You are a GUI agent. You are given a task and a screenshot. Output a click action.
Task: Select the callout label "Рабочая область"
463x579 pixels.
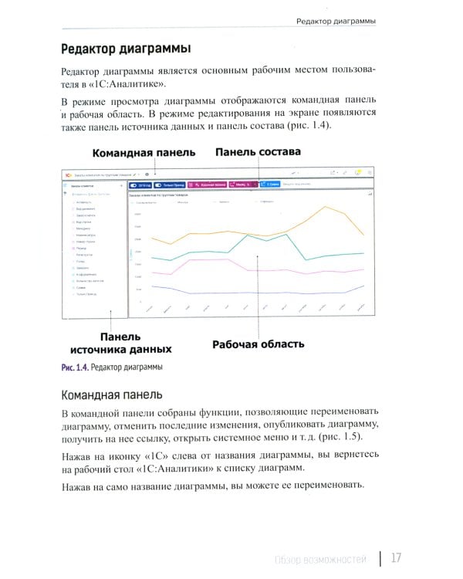pos(258,344)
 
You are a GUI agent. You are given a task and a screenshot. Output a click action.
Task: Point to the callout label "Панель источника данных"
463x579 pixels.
pos(116,344)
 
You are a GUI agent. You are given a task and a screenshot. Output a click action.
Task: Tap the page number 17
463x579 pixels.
pos(394,557)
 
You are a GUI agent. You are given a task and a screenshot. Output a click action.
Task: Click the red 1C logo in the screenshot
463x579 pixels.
pos(68,174)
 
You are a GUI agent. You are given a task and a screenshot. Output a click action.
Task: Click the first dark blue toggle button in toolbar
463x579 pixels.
pos(140,185)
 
